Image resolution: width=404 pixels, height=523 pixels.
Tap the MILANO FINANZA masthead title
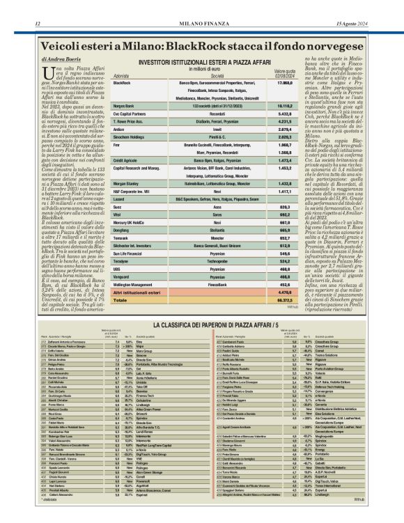pos(202,6)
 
